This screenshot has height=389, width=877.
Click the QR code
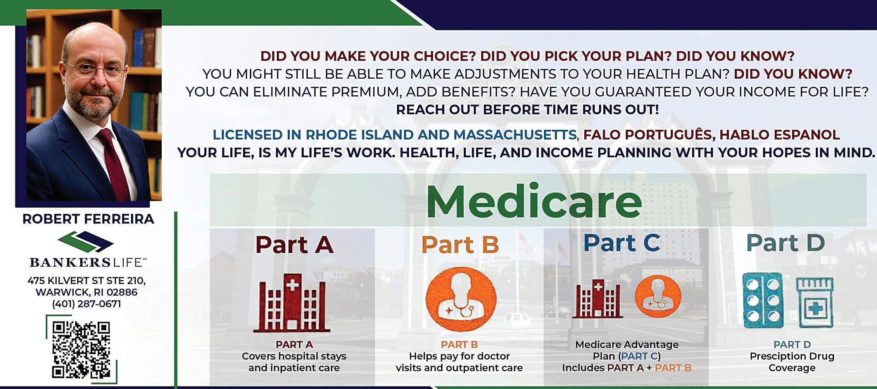pyautogui.click(x=81, y=350)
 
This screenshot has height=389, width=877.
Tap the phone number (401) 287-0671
pyautogui.click(x=86, y=304)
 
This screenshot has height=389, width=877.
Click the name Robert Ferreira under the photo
pyautogui.click(x=88, y=219)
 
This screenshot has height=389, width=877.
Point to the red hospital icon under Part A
pyautogui.click(x=292, y=303)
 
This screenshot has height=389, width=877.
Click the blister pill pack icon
pyautogui.click(x=763, y=300)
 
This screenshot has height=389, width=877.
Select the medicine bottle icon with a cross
pyautogui.click(x=815, y=303)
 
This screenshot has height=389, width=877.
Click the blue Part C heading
pyautogui.click(x=621, y=243)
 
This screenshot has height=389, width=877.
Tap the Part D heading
pyautogui.click(x=786, y=243)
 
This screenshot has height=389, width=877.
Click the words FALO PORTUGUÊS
pyautogui.click(x=647, y=134)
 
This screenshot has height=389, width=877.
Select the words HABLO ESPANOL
pyautogui.click(x=780, y=135)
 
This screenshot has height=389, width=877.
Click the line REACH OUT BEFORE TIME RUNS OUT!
pyautogui.click(x=527, y=110)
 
